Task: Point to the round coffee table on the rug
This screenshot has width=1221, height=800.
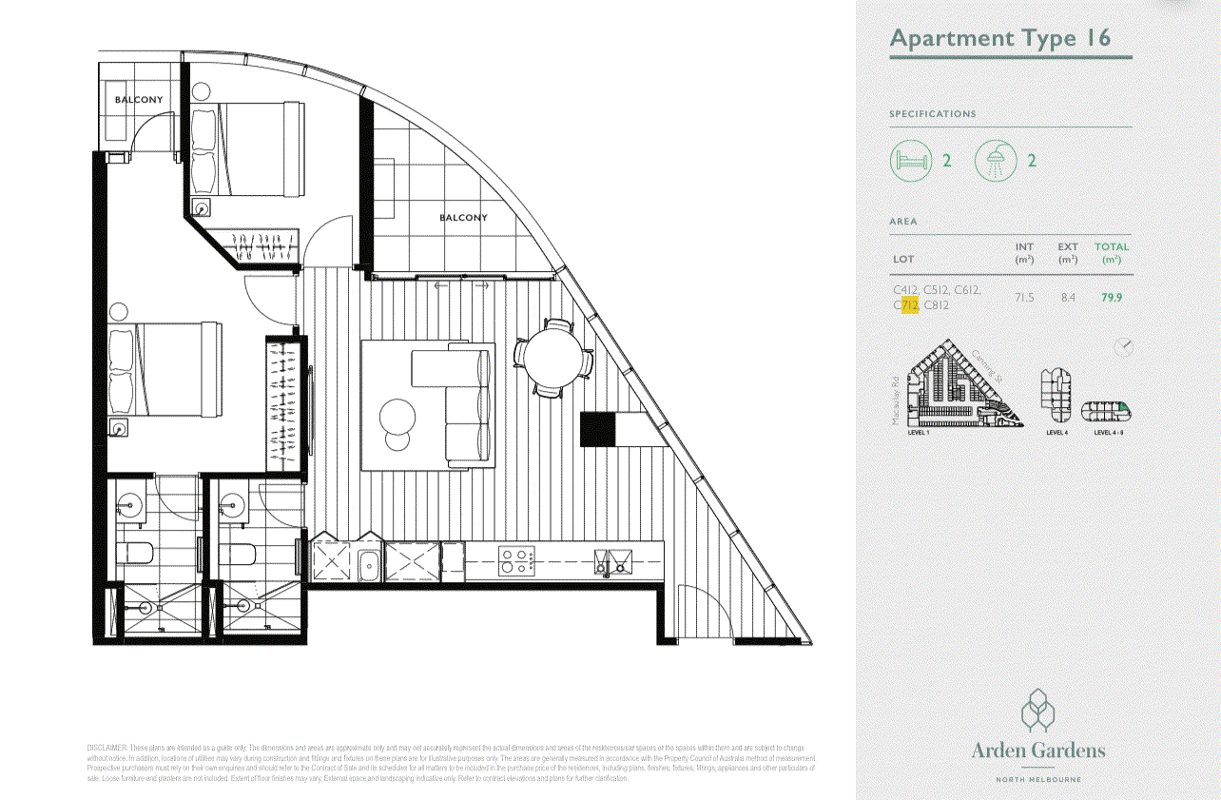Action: (x=397, y=417)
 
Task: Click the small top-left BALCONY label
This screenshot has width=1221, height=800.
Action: (x=139, y=100)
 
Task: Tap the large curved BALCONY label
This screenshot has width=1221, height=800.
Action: (x=463, y=218)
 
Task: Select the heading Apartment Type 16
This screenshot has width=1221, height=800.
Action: (x=1000, y=39)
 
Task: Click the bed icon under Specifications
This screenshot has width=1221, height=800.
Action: (x=910, y=161)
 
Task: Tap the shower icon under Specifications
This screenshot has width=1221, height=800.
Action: (x=996, y=161)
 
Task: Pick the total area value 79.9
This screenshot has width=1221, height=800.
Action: (x=1111, y=297)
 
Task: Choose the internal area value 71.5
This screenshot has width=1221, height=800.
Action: (x=1024, y=297)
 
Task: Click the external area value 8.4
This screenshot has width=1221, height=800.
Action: (x=1068, y=297)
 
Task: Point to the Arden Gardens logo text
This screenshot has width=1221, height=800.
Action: (x=1038, y=751)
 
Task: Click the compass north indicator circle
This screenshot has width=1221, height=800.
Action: (x=1123, y=347)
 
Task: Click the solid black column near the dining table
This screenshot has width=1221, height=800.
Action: (x=598, y=429)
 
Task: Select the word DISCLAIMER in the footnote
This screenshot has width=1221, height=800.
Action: (x=106, y=749)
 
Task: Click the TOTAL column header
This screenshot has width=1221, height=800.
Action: (x=1111, y=247)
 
